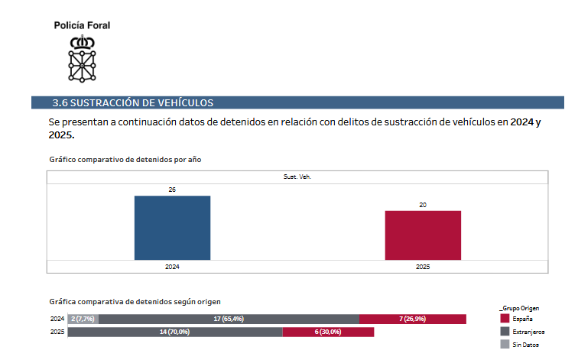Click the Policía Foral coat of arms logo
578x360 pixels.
pyautogui.click(x=82, y=58)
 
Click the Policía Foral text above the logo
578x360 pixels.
pyautogui.click(x=82, y=25)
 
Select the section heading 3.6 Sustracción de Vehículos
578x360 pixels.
pyautogui.click(x=132, y=102)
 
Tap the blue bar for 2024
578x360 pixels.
pyautogui.click(x=172, y=228)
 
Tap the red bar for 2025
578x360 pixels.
pyautogui.click(x=423, y=235)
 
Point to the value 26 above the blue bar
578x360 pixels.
pyautogui.click(x=172, y=189)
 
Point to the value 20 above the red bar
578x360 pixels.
pyautogui.click(x=423, y=204)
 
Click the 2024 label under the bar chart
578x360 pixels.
pyautogui.click(x=172, y=267)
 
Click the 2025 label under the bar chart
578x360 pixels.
pyautogui.click(x=423, y=267)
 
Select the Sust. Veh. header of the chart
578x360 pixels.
pyautogui.click(x=298, y=177)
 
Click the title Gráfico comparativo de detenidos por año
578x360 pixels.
pyautogui.click(x=125, y=159)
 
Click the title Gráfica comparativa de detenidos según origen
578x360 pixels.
pyautogui.click(x=135, y=302)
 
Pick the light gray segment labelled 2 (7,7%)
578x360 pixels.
pyautogui.click(x=83, y=319)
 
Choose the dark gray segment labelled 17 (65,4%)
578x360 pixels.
pyautogui.click(x=229, y=319)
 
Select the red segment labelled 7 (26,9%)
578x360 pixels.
pyautogui.click(x=412, y=319)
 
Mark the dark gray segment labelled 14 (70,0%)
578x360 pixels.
pyautogui.click(x=175, y=332)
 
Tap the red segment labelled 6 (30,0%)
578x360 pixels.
pyautogui.click(x=328, y=332)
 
